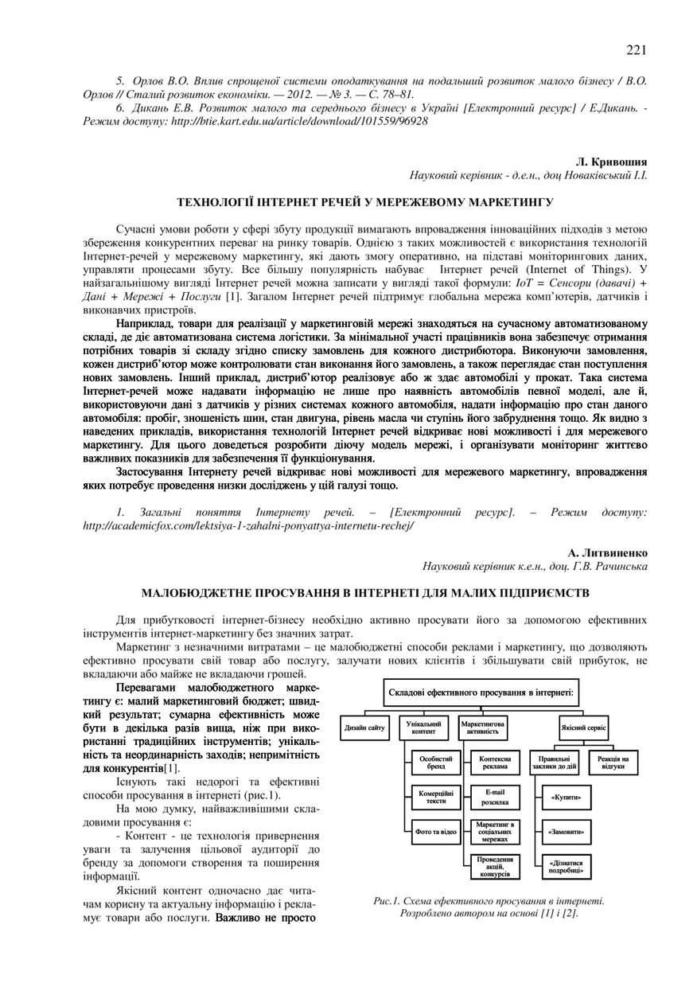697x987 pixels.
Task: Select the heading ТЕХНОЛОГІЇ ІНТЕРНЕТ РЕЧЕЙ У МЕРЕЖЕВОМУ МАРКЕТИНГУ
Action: tap(365, 203)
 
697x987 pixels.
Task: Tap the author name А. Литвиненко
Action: tap(608, 552)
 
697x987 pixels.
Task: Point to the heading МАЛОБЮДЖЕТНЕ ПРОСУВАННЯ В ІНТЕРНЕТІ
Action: tap(365, 593)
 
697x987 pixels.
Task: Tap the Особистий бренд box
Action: tap(436, 763)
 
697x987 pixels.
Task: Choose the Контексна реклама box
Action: tap(495, 763)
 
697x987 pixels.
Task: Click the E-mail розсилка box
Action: tap(495, 798)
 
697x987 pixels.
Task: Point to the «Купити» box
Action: tap(566, 797)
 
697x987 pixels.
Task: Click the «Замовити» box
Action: tap(566, 832)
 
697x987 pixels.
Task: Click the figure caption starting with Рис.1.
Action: tap(489, 907)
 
